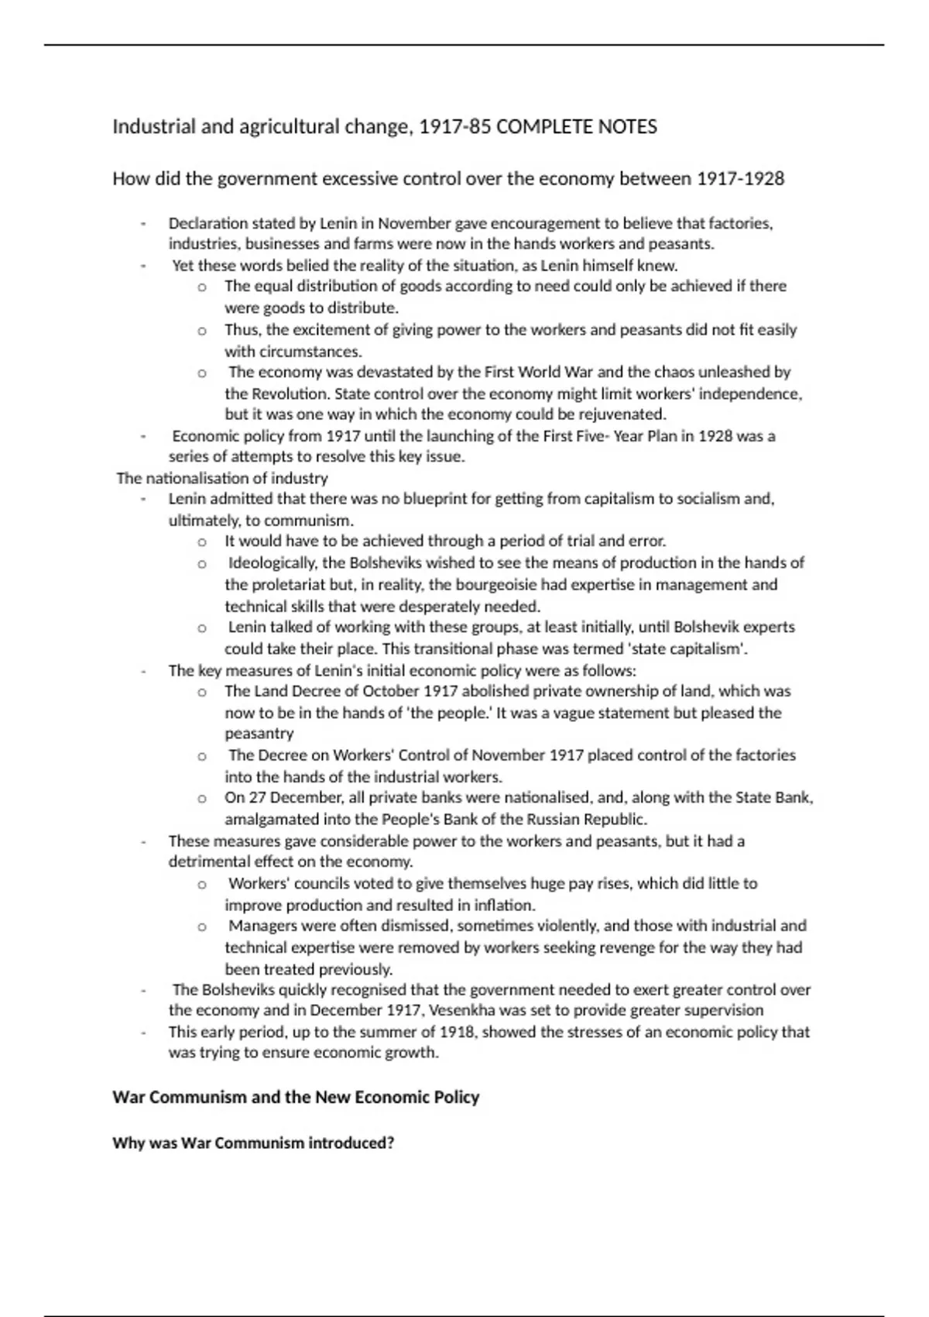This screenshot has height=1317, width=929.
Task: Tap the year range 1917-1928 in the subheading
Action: point(740,179)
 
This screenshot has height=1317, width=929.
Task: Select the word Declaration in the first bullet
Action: point(207,224)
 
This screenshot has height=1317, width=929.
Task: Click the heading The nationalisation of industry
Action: point(222,478)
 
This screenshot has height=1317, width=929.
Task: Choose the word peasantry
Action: point(259,733)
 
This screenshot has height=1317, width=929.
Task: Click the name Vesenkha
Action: point(465,1010)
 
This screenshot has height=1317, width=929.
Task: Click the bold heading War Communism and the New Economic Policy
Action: point(296,1097)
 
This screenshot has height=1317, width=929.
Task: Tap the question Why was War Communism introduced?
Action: point(253,1143)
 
